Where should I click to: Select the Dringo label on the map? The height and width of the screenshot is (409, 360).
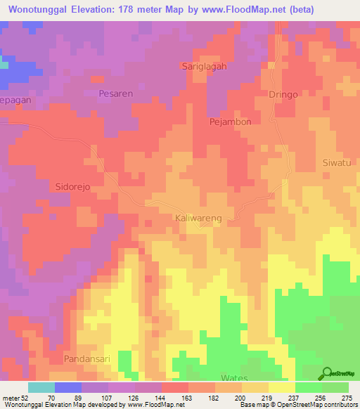(x=283, y=93)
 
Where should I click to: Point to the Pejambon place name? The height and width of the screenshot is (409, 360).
(x=231, y=122)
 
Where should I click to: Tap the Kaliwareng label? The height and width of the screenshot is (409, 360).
(x=198, y=219)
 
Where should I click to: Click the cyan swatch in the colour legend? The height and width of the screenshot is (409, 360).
(x=41, y=387)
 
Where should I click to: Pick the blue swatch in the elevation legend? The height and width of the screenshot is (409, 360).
(x=68, y=387)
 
